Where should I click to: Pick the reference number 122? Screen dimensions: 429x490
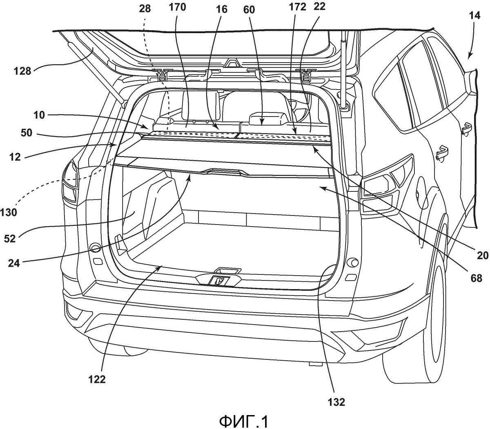point(96,380)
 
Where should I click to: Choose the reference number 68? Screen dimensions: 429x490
point(476,279)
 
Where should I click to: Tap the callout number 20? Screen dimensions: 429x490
point(482,256)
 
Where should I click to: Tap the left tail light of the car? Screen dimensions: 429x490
point(70,182)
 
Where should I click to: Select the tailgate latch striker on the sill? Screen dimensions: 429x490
point(219,281)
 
